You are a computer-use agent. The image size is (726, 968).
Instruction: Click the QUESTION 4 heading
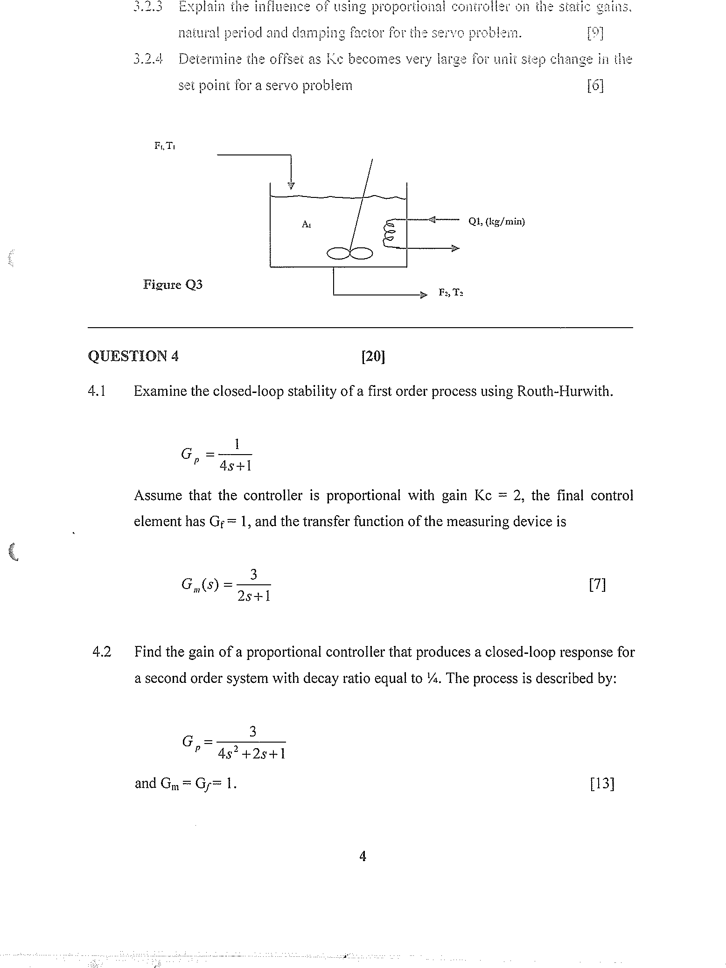point(133,356)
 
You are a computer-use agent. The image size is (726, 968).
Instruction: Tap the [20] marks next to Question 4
point(373,357)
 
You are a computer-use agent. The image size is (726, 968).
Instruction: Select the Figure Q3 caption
point(173,284)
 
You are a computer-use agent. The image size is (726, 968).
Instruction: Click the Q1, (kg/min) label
point(496,221)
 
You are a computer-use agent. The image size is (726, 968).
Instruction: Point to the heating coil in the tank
point(389,232)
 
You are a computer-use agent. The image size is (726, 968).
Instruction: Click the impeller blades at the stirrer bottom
point(349,253)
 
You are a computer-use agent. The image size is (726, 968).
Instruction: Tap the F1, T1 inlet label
point(164,146)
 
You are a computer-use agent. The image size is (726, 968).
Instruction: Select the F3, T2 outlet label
point(451,293)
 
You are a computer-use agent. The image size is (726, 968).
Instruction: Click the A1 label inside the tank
point(306,224)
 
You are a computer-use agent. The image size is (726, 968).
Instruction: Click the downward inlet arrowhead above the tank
point(291,186)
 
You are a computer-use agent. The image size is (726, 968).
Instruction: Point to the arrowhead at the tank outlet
point(423,295)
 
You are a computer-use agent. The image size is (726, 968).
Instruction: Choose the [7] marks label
point(597,584)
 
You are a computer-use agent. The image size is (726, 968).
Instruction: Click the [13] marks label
point(602,784)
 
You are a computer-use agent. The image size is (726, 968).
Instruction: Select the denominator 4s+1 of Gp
point(236,465)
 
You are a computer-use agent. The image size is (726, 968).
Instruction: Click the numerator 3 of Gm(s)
point(253,574)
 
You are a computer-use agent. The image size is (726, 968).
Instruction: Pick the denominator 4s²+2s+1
point(251,753)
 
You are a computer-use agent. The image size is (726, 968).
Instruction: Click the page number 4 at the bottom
point(363,856)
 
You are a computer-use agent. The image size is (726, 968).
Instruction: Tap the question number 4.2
point(102,652)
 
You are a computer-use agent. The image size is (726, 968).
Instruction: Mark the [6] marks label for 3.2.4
point(595,85)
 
